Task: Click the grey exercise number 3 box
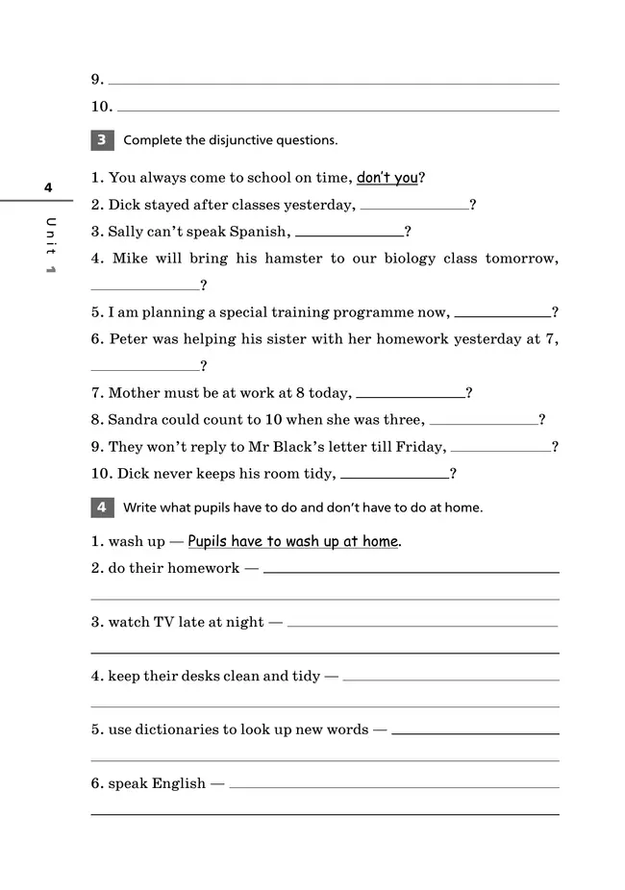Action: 102,140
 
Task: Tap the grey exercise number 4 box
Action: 102,507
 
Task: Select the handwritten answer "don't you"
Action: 387,178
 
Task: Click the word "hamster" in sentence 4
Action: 287,259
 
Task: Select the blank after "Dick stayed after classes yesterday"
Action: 413,206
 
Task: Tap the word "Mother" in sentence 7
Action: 134,393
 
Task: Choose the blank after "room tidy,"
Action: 394,475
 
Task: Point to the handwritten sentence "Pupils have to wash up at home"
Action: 292,541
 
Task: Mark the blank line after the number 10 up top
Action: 337,109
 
